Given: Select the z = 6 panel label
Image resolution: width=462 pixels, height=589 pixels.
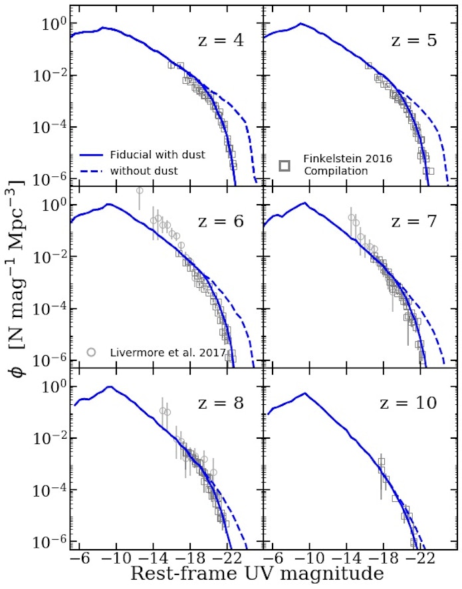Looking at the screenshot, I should click(221, 221).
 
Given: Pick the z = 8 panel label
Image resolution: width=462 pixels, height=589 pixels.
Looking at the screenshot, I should click(221, 403).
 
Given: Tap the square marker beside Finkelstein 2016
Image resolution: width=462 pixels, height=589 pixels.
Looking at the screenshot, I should click(285, 165).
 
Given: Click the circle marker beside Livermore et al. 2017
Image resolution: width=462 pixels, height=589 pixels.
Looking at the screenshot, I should click(92, 352).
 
